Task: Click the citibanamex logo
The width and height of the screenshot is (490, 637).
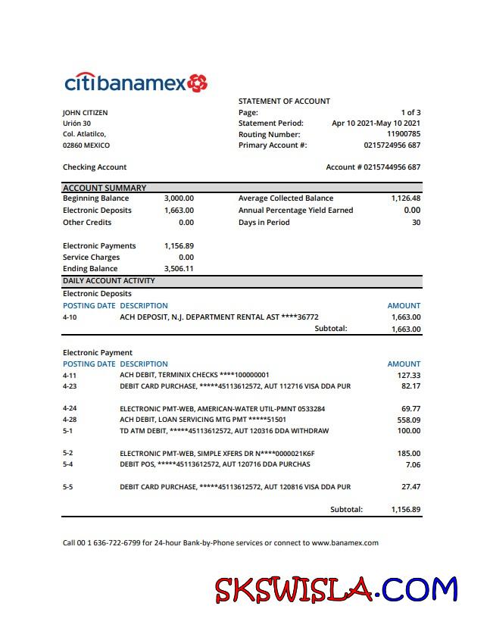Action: point(136,83)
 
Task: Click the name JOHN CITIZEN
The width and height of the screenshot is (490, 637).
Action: point(85,113)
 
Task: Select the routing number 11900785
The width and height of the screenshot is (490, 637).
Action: point(403,134)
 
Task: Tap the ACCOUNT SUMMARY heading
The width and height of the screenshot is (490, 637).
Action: point(105,188)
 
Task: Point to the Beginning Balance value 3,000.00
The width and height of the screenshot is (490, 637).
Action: point(179,198)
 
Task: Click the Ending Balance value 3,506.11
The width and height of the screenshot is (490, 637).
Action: point(179,269)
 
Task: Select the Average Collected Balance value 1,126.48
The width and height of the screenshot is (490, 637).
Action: point(406,198)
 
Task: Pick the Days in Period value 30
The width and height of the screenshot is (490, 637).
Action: point(416,223)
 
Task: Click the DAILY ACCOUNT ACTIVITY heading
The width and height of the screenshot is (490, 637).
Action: point(108,281)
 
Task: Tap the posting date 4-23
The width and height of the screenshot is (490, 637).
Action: point(70,386)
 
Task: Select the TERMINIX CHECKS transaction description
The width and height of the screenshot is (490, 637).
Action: point(195,375)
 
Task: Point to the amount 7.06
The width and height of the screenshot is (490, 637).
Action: point(413,464)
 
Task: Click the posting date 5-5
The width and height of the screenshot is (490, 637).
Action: point(68,487)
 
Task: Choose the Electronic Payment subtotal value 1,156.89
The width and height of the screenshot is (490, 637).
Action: point(405,510)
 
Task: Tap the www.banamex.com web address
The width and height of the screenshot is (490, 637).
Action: point(345,543)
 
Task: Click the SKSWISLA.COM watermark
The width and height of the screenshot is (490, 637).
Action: point(336,589)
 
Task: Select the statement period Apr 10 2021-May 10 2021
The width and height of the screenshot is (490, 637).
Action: point(376,123)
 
